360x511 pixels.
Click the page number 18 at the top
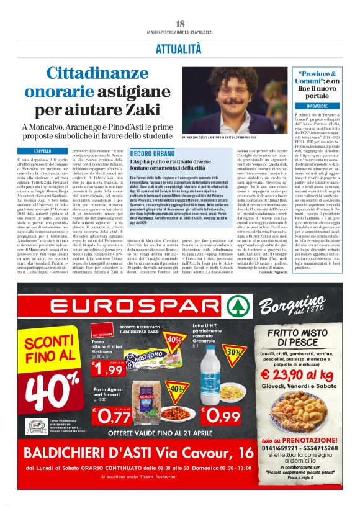coord(180,24)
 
